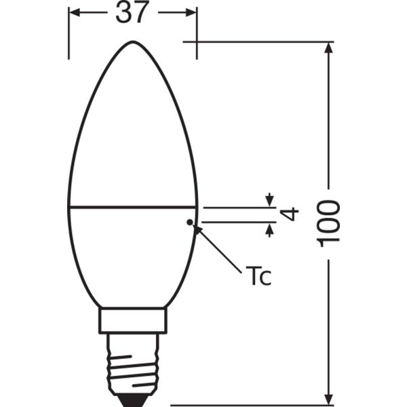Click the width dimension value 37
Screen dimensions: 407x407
coord(132,12)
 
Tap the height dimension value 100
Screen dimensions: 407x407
coord(328,223)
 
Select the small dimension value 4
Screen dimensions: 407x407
coord(289,214)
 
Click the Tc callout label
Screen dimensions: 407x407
coord(258,276)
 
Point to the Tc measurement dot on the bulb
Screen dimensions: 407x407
coord(190,222)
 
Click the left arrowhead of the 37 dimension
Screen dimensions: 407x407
coord(75,12)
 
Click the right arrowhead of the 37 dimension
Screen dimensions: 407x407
coord(191,12)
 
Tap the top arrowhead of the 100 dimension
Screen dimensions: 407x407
coord(328,47)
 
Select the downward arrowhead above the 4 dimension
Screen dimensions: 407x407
coord(270,200)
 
